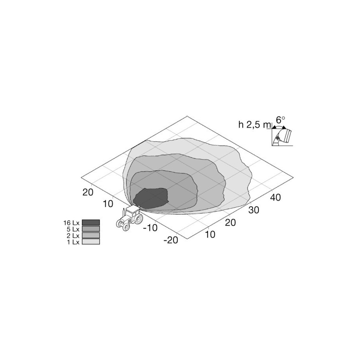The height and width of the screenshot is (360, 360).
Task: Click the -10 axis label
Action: (x=150, y=228)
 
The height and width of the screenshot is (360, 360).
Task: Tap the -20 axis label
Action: (x=171, y=240)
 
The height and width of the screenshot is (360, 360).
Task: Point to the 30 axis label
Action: (x=253, y=210)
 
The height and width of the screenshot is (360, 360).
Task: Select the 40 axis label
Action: (x=275, y=197)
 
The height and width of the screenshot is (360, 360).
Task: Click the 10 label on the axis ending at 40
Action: (x=210, y=234)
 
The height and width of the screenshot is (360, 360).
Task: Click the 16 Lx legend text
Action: (x=71, y=223)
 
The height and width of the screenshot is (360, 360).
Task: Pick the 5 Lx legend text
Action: (x=73, y=229)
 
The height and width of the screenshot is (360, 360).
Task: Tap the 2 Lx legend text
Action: (x=73, y=236)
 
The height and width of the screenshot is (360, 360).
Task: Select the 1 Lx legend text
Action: (x=73, y=242)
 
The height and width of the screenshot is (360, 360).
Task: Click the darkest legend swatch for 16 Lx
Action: (x=91, y=222)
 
